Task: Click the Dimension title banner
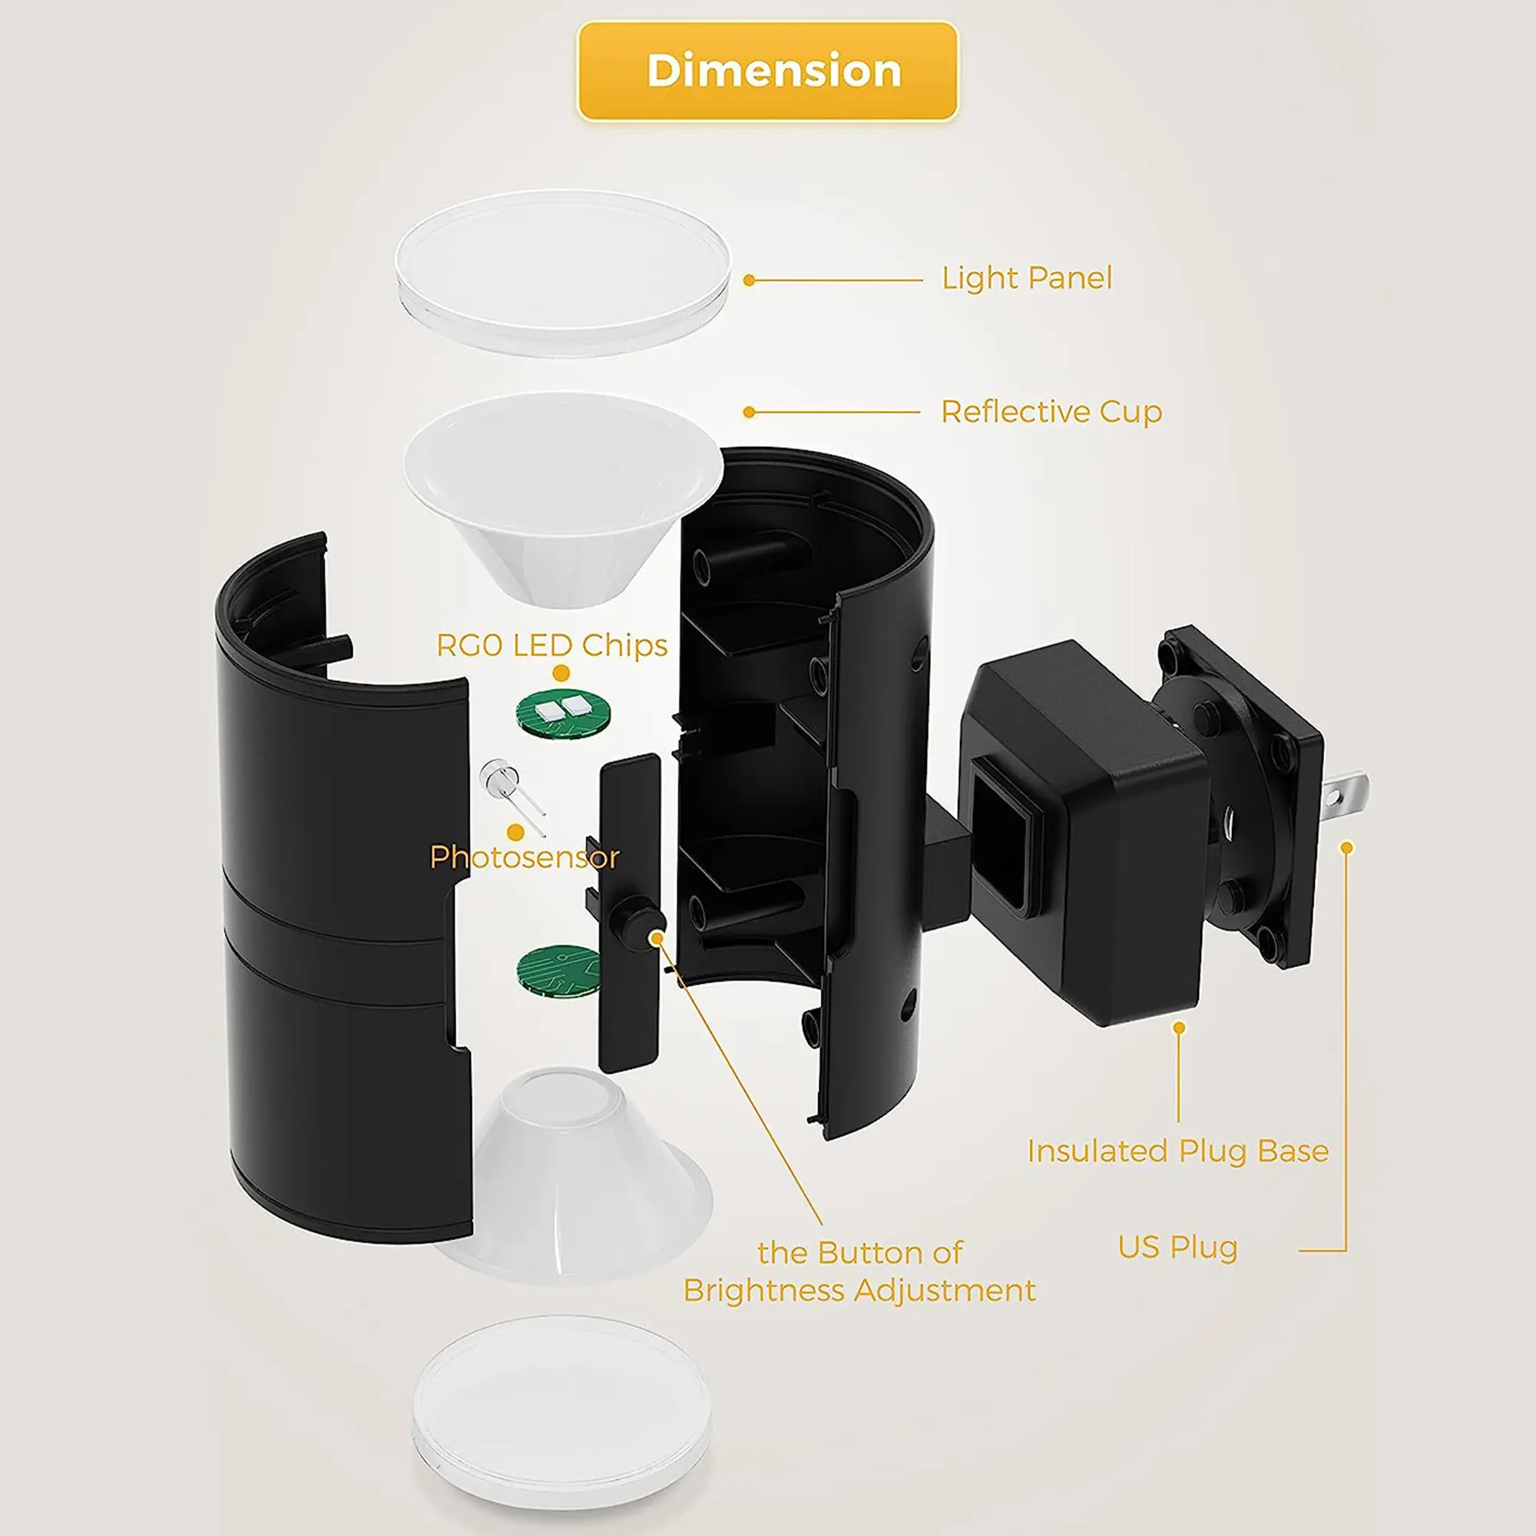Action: [x=767, y=71]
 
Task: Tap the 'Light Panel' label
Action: [x=1026, y=278]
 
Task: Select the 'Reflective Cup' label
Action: [x=1051, y=412]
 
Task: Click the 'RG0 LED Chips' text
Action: [x=551, y=645]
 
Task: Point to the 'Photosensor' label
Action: [x=524, y=856]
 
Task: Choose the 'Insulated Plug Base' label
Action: [x=1177, y=1151]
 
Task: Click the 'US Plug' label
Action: [x=1177, y=1246]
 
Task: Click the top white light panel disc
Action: [x=562, y=272]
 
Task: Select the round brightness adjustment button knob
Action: [x=640, y=924]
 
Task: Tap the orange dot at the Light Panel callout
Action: [x=748, y=280]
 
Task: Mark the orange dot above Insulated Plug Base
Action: [x=1179, y=1028]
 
